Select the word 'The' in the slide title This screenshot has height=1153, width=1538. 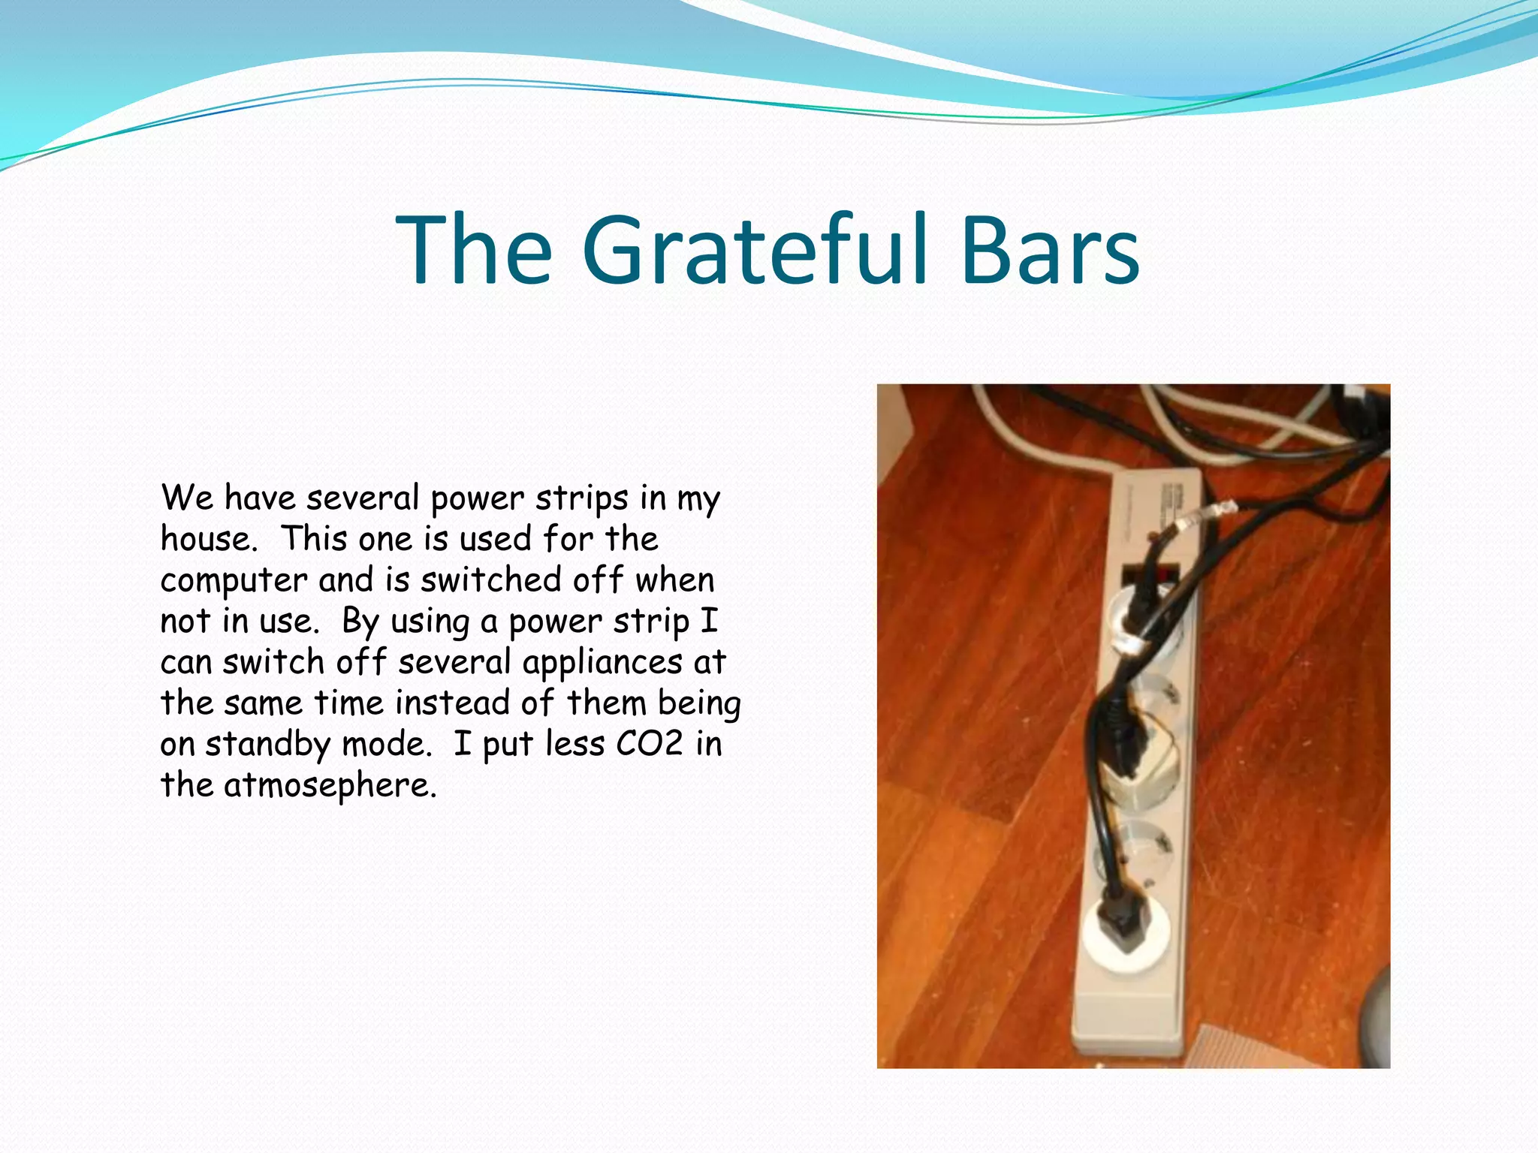475,250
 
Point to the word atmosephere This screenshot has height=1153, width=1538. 330,784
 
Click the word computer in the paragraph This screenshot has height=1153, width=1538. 234,581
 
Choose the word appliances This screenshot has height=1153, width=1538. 602,663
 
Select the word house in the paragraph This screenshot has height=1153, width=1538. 207,538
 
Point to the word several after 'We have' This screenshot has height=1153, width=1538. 363,498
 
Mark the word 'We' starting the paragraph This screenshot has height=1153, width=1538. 187,498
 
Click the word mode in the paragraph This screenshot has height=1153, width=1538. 385,743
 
